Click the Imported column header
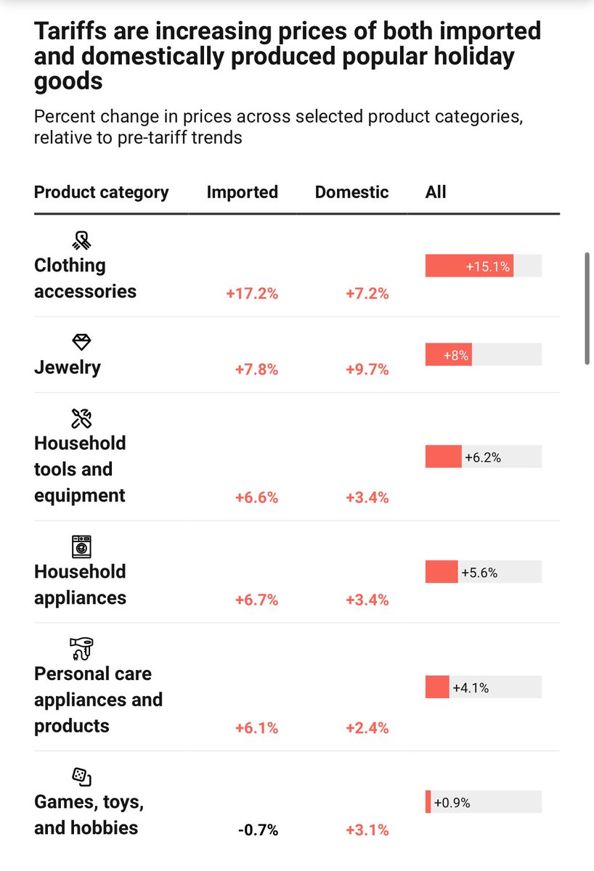242,192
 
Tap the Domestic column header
351,192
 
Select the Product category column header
101,192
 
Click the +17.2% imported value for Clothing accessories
251,294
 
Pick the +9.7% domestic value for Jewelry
367,369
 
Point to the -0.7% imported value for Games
258,830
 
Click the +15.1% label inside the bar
489,267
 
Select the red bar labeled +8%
448,356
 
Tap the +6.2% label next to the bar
483,457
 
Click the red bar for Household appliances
442,572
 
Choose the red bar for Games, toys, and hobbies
428,803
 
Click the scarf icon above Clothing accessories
82,240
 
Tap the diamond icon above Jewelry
82,343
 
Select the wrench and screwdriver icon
81,418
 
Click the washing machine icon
81,547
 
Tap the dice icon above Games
81,777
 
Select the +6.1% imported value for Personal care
256,728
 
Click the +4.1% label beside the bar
471,687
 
